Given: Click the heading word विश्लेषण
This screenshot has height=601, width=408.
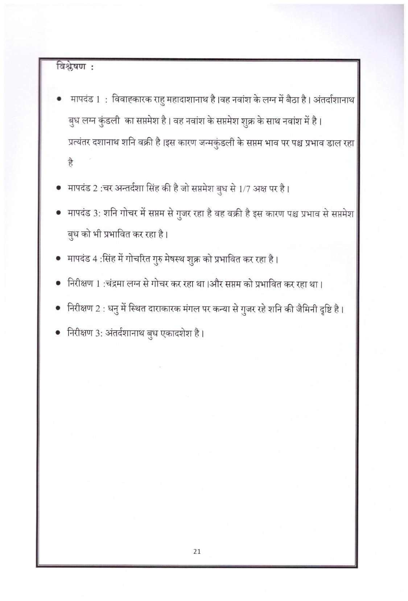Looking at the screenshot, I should point(71,68).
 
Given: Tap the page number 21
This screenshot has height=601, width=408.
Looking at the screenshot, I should point(197,551).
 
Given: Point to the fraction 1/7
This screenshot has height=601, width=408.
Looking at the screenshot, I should point(246,189).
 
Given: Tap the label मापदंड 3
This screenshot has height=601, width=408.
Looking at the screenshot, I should point(83,213).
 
